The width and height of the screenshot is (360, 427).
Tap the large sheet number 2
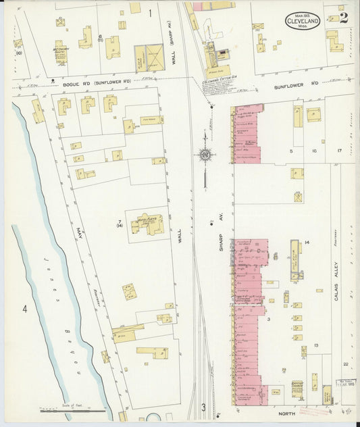click(x=344, y=17)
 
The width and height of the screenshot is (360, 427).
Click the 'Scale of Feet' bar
click(x=73, y=410)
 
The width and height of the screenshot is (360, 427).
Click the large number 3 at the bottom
click(x=203, y=407)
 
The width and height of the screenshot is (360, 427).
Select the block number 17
click(x=340, y=151)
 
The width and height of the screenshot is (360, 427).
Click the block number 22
click(x=345, y=364)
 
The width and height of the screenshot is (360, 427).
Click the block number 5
click(x=292, y=151)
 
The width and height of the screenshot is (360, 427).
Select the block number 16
click(x=314, y=151)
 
